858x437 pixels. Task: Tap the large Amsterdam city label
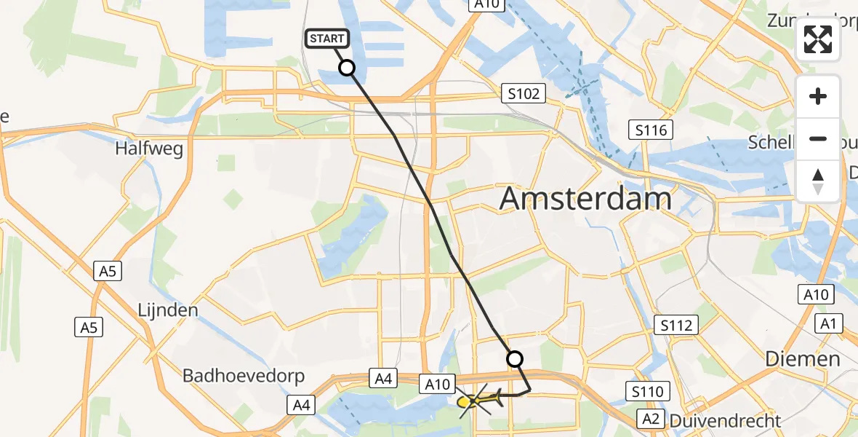585,198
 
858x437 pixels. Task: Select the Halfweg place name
148,149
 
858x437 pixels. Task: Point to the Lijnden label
168,310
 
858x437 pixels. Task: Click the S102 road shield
523,93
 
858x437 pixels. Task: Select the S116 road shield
651,131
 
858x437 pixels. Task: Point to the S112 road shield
676,325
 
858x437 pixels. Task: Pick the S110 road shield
647,392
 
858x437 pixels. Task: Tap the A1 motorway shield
829,323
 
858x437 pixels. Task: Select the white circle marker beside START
347,68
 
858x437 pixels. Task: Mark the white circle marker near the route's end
514,358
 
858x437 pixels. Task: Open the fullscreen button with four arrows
819,39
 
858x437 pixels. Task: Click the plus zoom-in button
819,96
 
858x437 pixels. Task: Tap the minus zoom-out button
819,138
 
